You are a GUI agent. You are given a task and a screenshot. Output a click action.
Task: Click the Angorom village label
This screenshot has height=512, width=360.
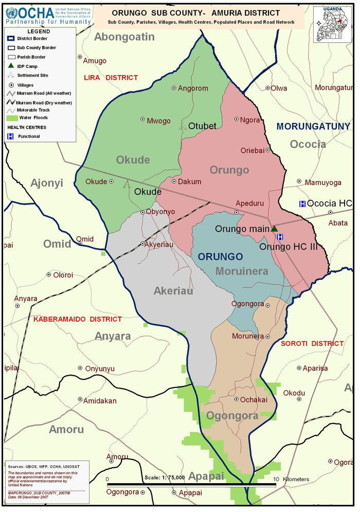click(193, 89)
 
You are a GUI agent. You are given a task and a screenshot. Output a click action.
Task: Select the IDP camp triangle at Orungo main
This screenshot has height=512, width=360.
click(274, 228)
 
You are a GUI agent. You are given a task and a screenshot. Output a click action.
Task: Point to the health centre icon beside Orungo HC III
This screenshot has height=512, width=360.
click(280, 237)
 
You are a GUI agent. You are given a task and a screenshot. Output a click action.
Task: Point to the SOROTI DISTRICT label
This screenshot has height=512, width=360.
click(312, 344)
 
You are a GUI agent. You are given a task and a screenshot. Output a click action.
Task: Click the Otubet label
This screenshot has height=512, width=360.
click(202, 126)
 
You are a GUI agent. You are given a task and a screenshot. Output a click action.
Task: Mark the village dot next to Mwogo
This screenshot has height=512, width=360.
click(143, 119)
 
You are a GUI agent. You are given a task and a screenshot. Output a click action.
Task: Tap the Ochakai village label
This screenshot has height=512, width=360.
click(254, 400)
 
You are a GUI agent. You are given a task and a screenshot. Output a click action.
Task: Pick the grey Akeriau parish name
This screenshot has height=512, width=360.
click(173, 291)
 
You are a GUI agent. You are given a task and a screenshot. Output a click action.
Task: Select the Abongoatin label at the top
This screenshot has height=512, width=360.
click(124, 37)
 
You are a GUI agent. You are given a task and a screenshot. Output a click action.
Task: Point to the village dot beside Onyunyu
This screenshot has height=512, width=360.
click(80, 368)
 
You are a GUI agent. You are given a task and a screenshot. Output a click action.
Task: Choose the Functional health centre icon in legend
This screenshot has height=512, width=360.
click(10, 136)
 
